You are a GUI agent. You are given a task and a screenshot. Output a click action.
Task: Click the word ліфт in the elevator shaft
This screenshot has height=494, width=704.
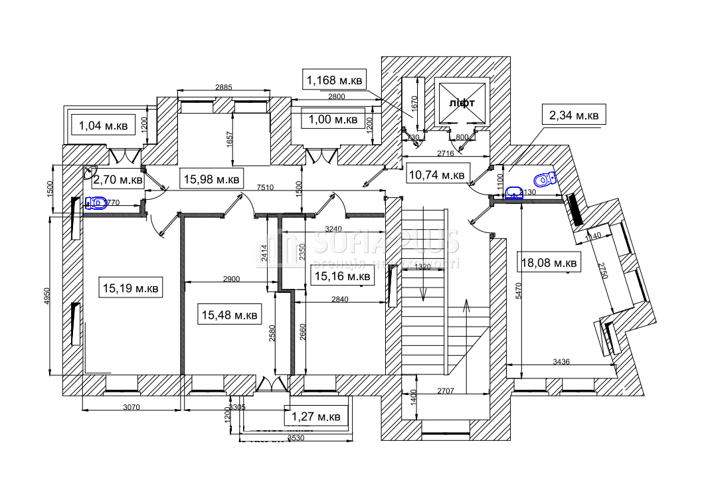click(x=462, y=104)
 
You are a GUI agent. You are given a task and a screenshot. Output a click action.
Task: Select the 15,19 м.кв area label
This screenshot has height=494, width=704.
click(x=130, y=288)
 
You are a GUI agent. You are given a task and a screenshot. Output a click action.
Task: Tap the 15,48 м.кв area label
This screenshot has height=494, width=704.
click(x=228, y=314)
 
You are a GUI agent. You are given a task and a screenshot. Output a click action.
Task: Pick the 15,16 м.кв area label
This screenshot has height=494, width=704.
click(x=342, y=276)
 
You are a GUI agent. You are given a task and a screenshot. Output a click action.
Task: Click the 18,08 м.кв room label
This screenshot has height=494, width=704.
click(x=549, y=262)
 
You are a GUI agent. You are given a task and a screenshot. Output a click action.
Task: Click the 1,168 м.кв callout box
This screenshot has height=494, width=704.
click(x=333, y=81)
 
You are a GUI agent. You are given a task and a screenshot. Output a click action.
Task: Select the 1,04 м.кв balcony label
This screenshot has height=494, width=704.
click(x=103, y=124)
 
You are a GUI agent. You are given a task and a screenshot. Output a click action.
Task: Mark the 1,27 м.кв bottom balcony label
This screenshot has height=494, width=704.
click(x=316, y=417)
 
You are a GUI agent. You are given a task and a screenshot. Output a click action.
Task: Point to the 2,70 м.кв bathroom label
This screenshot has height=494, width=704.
click(x=118, y=179)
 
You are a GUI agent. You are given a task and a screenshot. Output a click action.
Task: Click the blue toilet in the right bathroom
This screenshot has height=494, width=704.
click(x=545, y=179)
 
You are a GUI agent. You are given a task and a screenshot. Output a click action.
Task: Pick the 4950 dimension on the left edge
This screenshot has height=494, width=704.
click(x=46, y=300)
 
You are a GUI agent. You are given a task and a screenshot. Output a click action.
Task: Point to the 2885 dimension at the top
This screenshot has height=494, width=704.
click(x=223, y=88)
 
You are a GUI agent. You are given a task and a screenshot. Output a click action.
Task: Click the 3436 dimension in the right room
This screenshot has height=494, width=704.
click(x=562, y=362)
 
